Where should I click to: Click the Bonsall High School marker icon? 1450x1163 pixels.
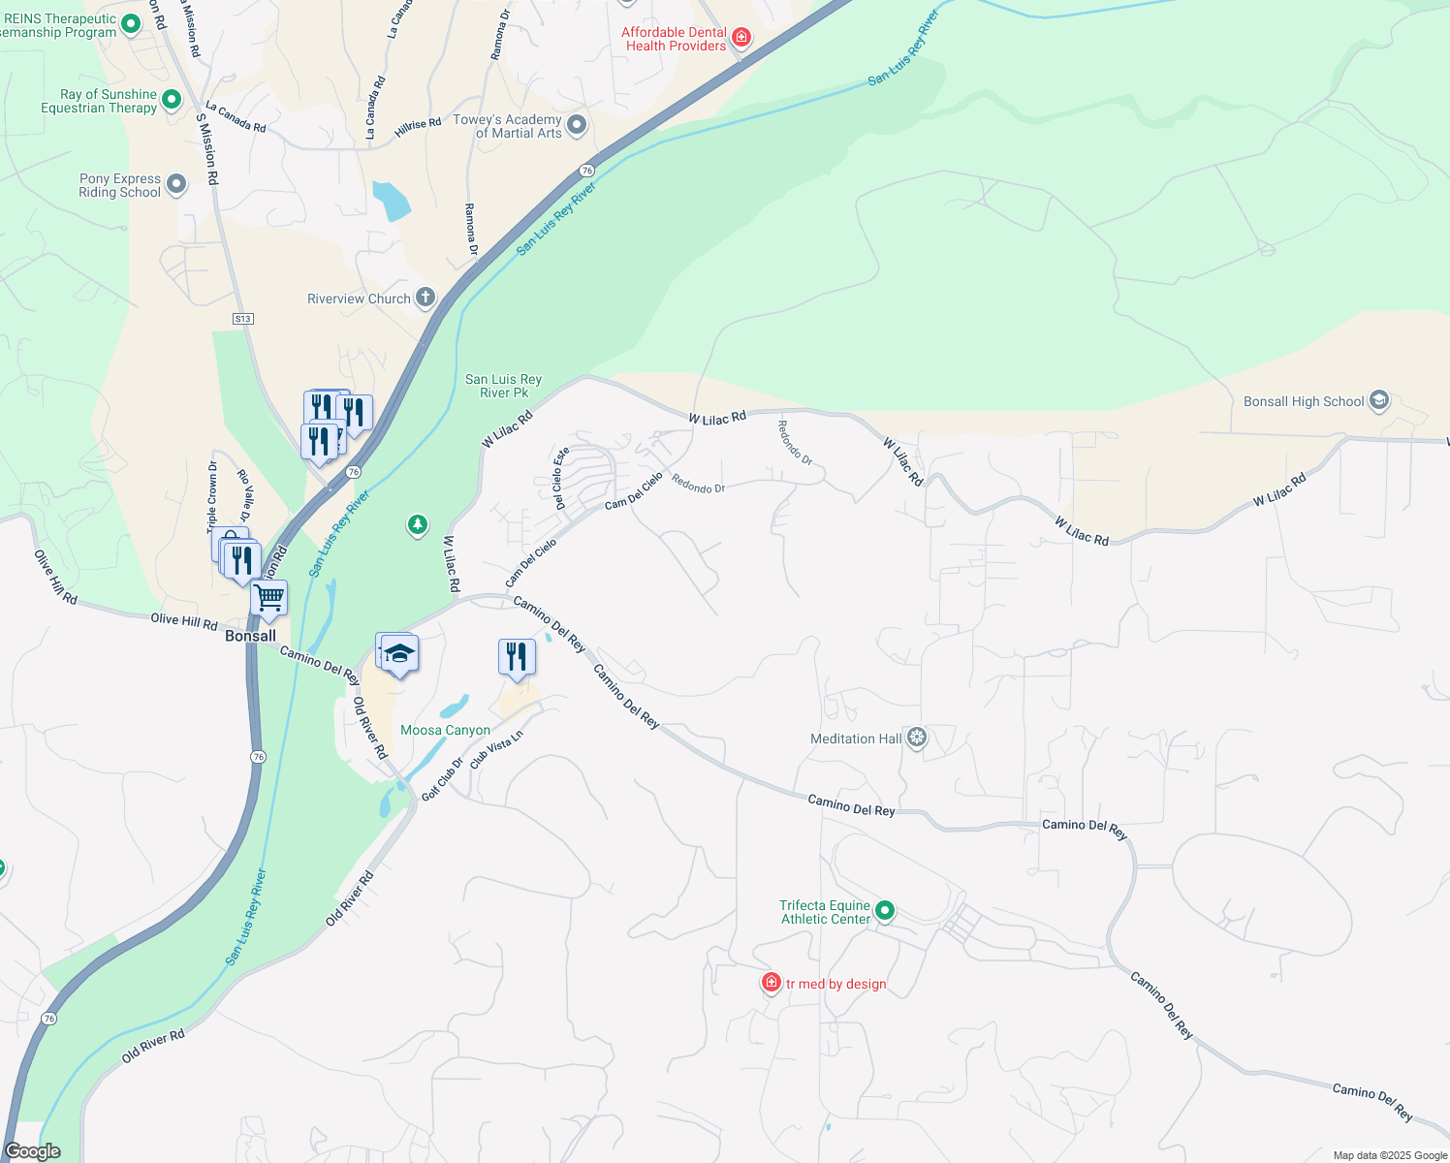click(1379, 401)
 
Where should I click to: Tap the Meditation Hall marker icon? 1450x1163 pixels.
click(917, 739)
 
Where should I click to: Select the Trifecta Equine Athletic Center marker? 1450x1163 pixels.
click(884, 911)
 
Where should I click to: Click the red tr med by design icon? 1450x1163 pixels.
click(771, 984)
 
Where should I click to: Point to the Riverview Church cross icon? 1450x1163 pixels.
click(426, 299)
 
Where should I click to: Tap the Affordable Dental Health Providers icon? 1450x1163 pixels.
click(741, 38)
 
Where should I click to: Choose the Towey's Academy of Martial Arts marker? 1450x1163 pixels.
click(577, 125)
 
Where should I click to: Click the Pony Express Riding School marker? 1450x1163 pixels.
click(176, 184)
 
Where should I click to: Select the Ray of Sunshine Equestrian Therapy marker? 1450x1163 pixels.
click(172, 100)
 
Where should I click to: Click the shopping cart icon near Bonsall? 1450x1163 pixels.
click(268, 598)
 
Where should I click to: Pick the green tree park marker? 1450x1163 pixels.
click(418, 525)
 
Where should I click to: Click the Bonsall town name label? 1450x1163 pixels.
click(250, 637)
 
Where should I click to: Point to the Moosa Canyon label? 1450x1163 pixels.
click(445, 731)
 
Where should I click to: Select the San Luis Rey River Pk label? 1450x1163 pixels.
click(503, 386)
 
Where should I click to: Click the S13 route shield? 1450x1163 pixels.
click(242, 319)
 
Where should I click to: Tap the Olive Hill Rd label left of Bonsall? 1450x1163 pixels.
click(184, 620)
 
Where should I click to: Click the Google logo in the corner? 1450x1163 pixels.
click(33, 1151)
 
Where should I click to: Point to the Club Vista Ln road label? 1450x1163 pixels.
click(496, 749)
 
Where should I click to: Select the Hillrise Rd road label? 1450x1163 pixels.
click(418, 127)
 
